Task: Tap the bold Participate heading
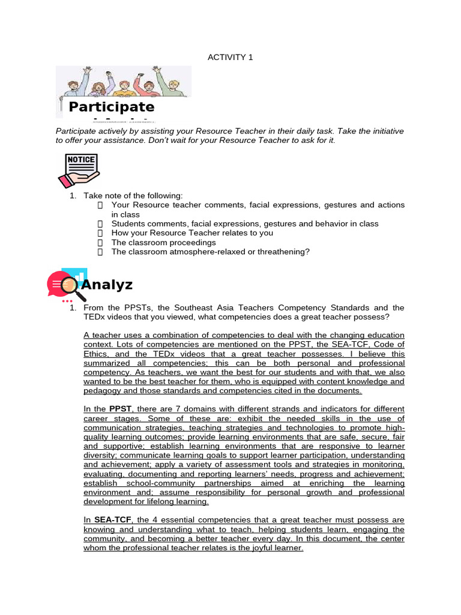point(111,107)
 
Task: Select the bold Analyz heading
point(106,284)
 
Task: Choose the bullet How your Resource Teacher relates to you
point(192,233)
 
